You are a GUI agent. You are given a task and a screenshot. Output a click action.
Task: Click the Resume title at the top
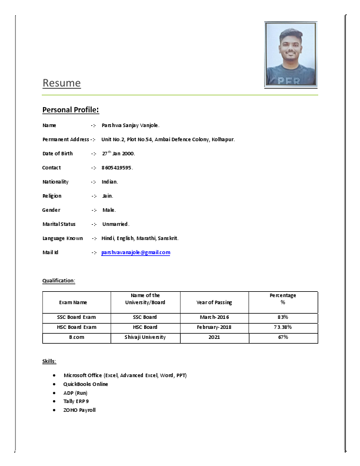pos(61,83)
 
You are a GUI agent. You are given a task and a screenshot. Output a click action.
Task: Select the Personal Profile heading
pos(70,110)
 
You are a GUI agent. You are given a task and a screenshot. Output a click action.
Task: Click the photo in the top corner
pos(291,55)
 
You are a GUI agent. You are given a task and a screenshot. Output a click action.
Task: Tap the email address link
pos(135,252)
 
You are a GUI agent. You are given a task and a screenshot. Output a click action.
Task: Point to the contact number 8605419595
pos(116,168)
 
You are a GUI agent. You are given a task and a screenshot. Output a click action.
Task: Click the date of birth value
pos(118,154)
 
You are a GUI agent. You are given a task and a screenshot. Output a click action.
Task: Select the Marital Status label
pos(59,224)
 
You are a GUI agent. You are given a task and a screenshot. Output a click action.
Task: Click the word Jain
pos(108,196)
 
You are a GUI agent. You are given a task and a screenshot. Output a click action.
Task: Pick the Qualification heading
pos(59,281)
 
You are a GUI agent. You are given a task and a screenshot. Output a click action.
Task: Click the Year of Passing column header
pos(214,302)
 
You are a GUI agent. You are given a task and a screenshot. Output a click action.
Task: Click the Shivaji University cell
pos(145,337)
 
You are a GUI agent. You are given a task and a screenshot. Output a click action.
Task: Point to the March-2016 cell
pos(214,317)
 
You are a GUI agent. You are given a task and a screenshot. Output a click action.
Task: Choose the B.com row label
pos(76,337)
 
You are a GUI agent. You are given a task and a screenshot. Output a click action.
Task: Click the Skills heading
pos(49,361)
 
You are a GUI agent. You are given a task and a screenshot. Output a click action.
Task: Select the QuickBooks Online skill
pos(86,384)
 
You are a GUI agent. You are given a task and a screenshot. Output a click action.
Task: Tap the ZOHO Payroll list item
pos(79,410)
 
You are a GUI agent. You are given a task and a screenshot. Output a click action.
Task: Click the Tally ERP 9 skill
pos(76,401)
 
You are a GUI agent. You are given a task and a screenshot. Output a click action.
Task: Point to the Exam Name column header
pos(73,302)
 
